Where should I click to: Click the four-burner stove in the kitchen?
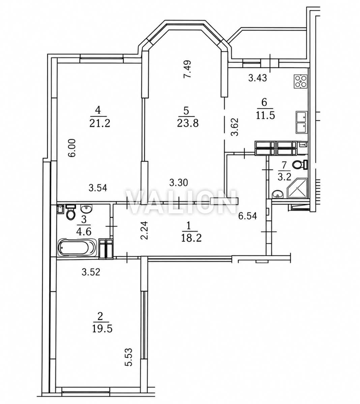300,81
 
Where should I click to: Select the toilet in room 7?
300,165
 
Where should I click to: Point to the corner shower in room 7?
297,188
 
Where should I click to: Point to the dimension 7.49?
188,69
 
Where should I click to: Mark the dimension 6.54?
248,216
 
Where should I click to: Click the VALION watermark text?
181,202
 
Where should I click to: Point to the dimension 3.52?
91,272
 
